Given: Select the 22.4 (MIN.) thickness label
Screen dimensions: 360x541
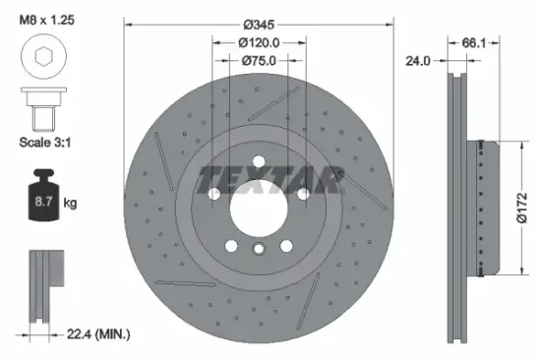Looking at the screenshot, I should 96,334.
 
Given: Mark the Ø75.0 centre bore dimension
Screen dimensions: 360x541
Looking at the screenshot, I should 260,61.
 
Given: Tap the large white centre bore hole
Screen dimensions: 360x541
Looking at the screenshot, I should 260,208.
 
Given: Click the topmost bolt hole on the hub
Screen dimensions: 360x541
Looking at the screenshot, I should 260,163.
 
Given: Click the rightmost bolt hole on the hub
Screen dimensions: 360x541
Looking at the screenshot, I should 302,194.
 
